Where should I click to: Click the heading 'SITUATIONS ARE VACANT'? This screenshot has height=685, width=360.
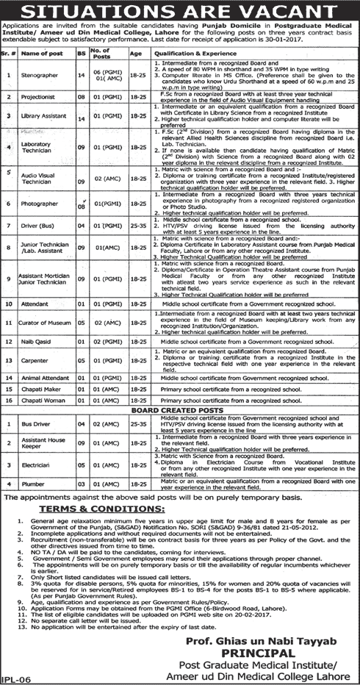coord(180,10)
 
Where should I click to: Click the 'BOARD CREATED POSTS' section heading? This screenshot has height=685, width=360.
coord(181,411)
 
